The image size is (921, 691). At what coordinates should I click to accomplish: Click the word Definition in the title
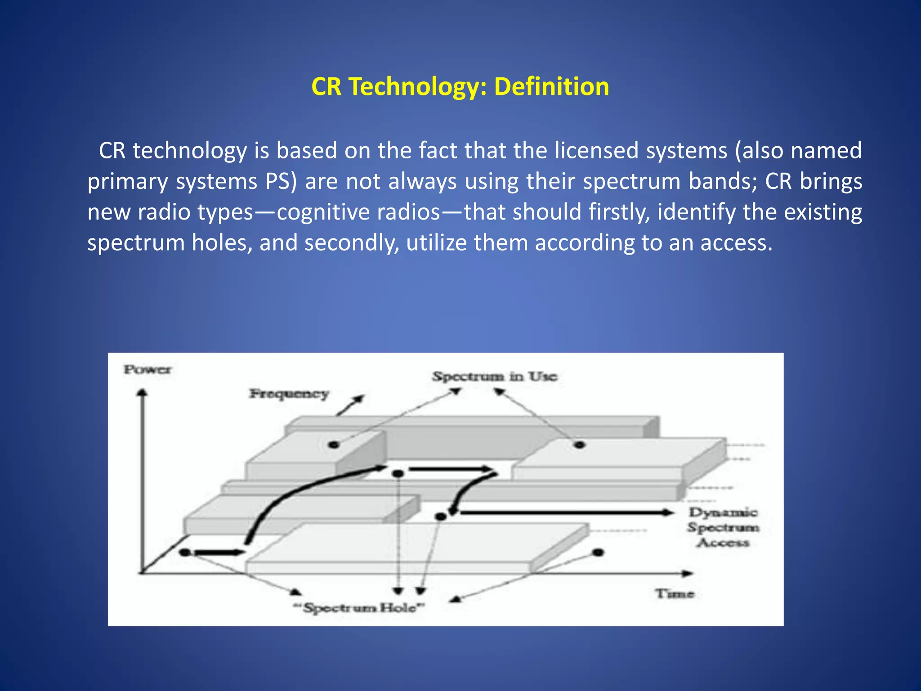(551, 86)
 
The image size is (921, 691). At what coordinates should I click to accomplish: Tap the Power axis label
(148, 370)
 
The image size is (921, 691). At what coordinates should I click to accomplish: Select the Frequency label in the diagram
(289, 394)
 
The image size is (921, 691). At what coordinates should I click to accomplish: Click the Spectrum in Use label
(495, 376)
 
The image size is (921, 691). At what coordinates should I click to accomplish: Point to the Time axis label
(675, 594)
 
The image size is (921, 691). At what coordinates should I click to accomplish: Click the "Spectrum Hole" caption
(359, 608)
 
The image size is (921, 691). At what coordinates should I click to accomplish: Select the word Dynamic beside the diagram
(723, 512)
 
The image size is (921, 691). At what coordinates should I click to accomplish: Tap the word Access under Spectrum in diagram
(723, 543)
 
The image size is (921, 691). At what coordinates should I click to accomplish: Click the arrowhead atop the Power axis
(142, 393)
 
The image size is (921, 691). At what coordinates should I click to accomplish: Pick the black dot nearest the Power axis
(185, 552)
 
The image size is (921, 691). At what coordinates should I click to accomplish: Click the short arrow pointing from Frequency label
(351, 405)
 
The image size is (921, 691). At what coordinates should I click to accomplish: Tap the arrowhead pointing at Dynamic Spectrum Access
(668, 512)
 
